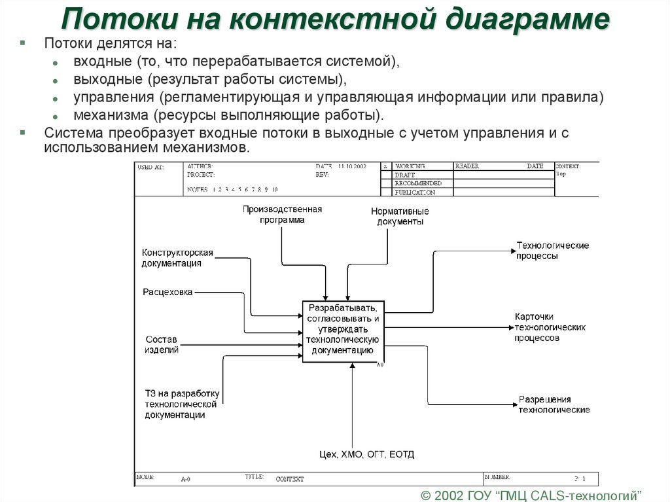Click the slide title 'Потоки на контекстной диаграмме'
pyautogui.click(x=335, y=20)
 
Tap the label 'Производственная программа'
pyautogui.click(x=282, y=215)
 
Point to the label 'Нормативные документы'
pyautogui.click(x=400, y=217)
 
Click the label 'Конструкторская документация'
pyautogui.click(x=177, y=258)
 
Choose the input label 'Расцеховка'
pyautogui.click(x=167, y=293)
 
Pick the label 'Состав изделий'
pyautogui.click(x=162, y=344)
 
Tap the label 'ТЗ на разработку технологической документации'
pyautogui.click(x=182, y=404)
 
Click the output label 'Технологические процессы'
pyautogui.click(x=552, y=251)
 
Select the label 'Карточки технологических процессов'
pyautogui.click(x=550, y=327)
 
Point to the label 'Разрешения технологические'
pyautogui.click(x=554, y=404)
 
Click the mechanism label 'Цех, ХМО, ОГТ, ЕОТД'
pyautogui.click(x=366, y=454)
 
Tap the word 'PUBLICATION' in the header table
pyautogui.click(x=414, y=192)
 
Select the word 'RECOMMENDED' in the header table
pyautogui.click(x=417, y=184)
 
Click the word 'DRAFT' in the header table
pyautogui.click(x=405, y=175)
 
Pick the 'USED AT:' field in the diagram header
pyautogui.click(x=150, y=168)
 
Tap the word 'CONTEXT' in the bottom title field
pyautogui.click(x=289, y=479)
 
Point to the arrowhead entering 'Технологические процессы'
pyautogui.click(x=512, y=250)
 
